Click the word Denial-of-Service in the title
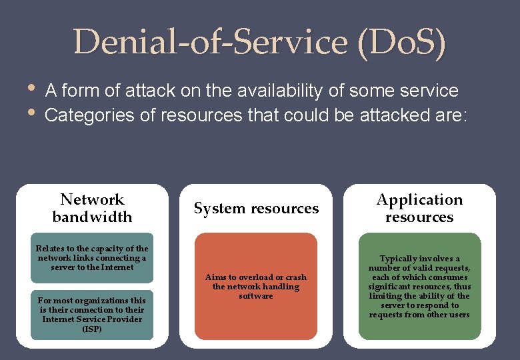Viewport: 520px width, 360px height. tap(211, 41)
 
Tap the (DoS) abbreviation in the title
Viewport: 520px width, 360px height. tap(401, 43)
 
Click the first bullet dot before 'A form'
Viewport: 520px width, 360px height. tap(31, 88)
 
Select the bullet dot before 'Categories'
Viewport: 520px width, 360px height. tap(31, 112)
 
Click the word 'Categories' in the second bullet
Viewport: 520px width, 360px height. tap(89, 115)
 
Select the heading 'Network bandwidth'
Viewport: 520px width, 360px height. tap(92, 208)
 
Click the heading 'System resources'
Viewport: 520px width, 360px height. tap(256, 208)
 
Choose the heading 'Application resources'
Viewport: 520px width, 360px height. tap(419, 208)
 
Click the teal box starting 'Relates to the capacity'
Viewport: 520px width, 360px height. tap(92, 258)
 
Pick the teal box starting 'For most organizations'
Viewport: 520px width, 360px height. tap(92, 315)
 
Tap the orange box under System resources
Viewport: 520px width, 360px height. tap(256, 287)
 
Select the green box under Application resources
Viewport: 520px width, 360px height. tap(419, 287)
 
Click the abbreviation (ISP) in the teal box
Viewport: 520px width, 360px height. tap(92, 329)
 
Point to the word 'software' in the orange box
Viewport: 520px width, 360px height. tap(256, 296)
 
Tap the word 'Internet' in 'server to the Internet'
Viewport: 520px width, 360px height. tap(117, 267)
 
